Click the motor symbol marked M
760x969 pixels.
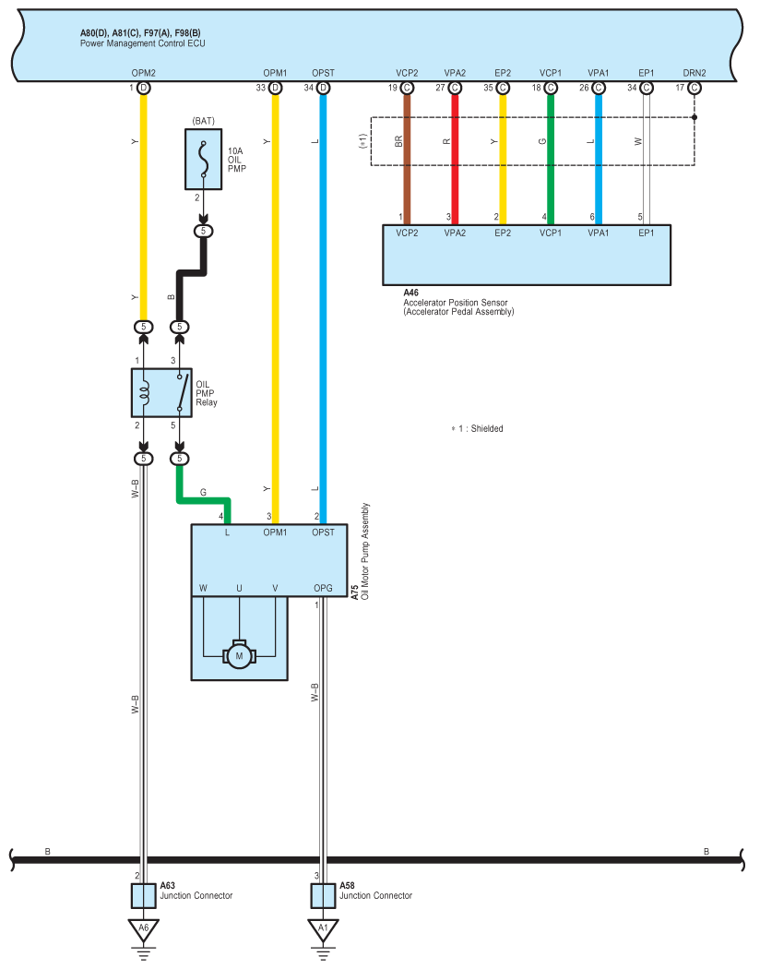coord(239,655)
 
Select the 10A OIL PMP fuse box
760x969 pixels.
coord(203,159)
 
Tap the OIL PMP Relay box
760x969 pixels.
coord(161,392)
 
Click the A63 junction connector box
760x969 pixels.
coord(143,895)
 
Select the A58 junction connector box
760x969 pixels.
coord(323,895)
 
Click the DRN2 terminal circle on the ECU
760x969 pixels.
coord(695,88)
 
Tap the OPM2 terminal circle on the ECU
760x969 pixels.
coord(143,88)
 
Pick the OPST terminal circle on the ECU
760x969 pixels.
coord(323,88)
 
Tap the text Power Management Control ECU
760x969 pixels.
coord(143,43)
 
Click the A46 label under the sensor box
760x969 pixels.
coord(410,293)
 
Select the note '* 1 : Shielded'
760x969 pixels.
coord(477,428)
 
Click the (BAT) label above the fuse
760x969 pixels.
coord(204,121)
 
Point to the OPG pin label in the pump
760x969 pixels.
coord(323,589)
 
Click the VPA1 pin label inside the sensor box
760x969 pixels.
coord(599,233)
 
